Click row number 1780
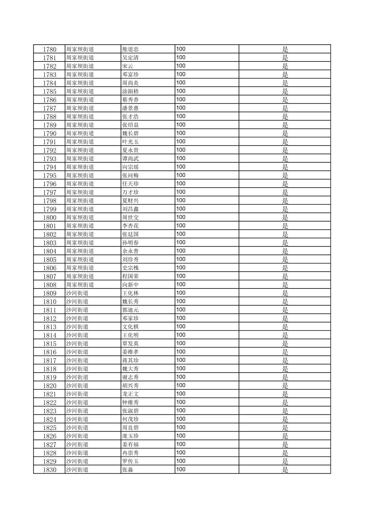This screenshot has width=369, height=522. click(x=49, y=49)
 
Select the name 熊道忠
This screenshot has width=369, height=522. click(x=130, y=49)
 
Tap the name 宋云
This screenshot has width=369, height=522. click(x=127, y=66)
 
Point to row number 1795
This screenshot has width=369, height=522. click(x=49, y=175)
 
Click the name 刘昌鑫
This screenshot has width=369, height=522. click(x=130, y=209)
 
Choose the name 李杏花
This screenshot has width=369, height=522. click(x=130, y=226)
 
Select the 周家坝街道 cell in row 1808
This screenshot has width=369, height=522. click(x=80, y=285)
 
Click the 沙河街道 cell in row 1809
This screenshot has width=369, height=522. click(x=77, y=293)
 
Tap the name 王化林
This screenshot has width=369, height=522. click(x=130, y=293)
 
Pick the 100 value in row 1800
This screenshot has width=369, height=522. click(x=181, y=217)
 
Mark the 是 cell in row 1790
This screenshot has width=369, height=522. click(x=285, y=133)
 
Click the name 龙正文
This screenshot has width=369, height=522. click(x=130, y=394)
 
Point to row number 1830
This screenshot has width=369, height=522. click(x=49, y=470)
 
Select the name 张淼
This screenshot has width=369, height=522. click(x=127, y=470)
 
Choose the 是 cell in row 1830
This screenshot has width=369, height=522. click(x=285, y=470)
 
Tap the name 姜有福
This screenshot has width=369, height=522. click(x=130, y=445)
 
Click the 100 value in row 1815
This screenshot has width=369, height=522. click(x=181, y=343)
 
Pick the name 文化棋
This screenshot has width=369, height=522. click(x=130, y=327)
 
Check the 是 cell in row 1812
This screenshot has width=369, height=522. click(x=285, y=318)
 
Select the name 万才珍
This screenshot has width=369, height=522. click(x=130, y=192)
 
